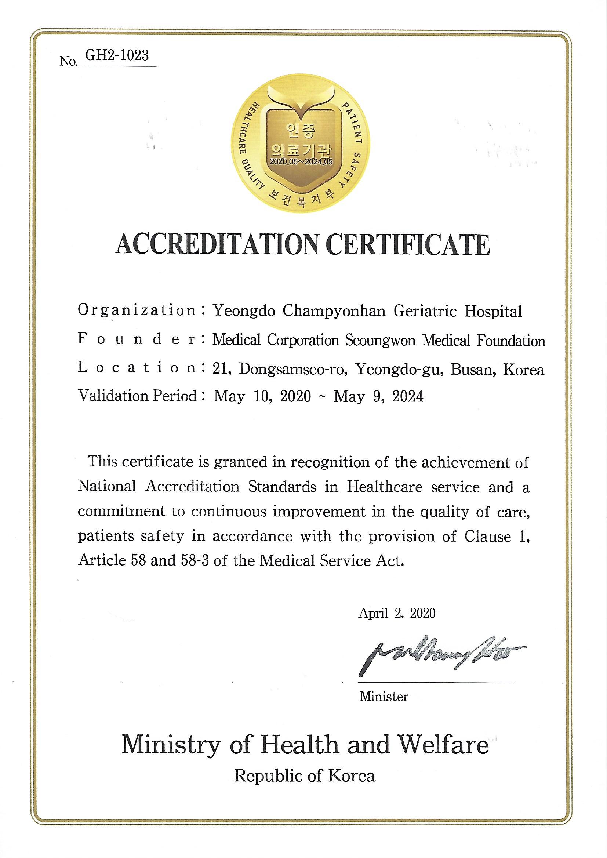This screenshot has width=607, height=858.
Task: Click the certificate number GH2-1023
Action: point(117,56)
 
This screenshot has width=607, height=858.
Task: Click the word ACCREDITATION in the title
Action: point(218,245)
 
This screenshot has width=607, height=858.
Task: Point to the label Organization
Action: point(137,310)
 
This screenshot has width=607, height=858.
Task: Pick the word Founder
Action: point(137,340)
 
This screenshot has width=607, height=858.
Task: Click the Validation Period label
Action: point(137,395)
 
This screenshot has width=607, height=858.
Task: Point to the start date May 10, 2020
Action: point(262,396)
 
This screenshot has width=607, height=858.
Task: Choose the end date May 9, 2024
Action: point(378,396)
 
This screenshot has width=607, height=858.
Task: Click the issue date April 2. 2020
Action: point(397,613)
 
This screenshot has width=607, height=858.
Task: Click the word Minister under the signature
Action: point(384,697)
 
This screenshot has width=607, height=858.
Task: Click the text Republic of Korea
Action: point(305,777)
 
